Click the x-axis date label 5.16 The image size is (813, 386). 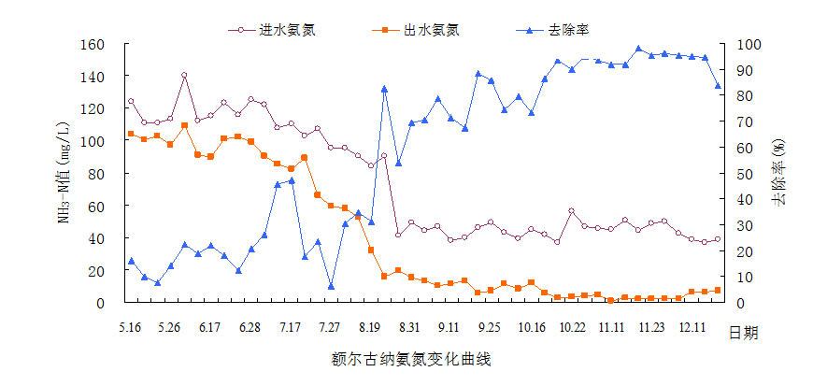coord(130,327)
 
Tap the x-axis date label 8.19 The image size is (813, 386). coord(370,327)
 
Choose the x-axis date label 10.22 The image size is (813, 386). coord(572,327)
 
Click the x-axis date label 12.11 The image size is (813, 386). coord(692,327)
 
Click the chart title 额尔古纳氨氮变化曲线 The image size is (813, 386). coord(410,358)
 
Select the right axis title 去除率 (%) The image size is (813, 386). coord(777,173)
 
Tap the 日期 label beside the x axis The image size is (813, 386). coord(742,334)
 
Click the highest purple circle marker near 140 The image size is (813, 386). coord(184,76)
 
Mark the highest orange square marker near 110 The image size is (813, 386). coord(184,125)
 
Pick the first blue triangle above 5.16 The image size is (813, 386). coord(131,261)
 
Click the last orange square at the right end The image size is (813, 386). coord(718,291)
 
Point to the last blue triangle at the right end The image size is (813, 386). coord(718,86)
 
